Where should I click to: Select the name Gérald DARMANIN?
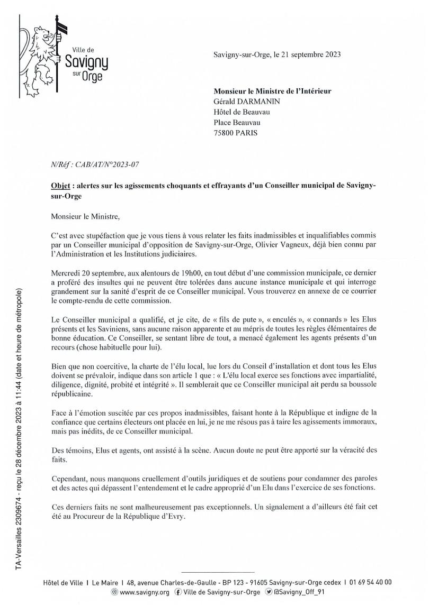tap(246, 102)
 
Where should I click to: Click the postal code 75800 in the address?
tap(224, 133)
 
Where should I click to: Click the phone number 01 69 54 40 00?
tap(370, 582)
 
